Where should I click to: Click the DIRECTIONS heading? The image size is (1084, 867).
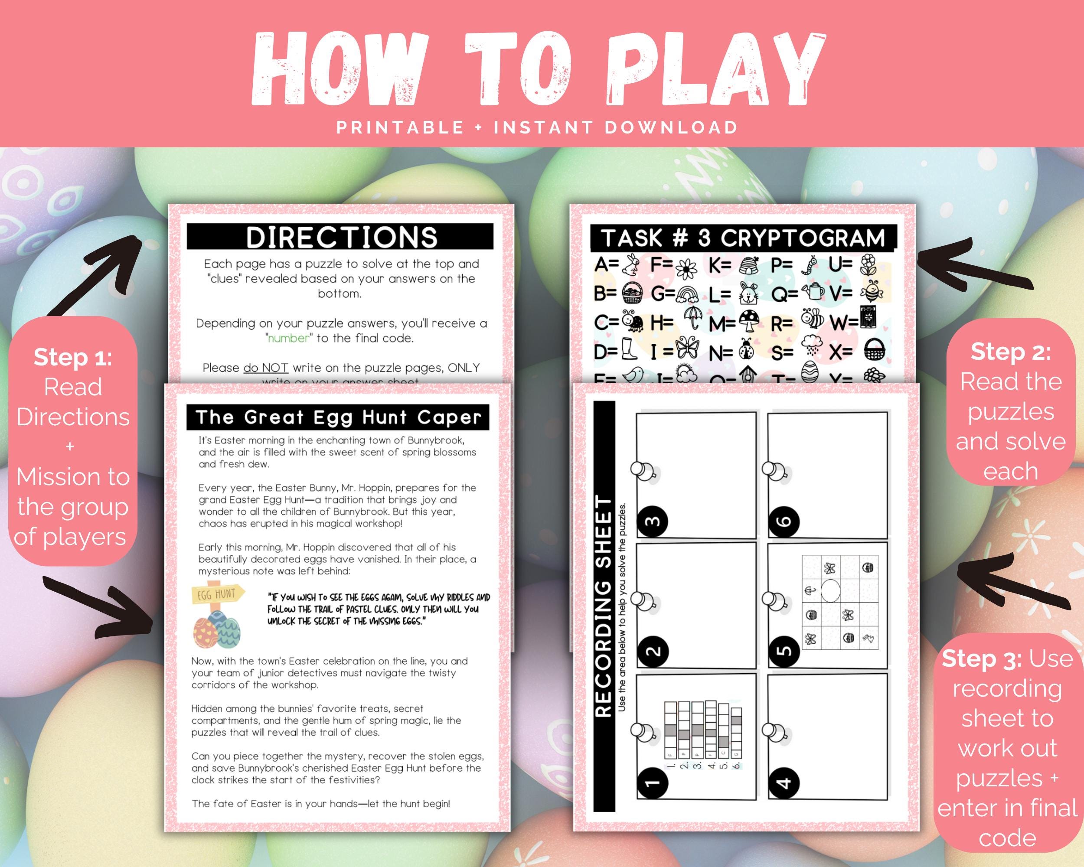coord(341,237)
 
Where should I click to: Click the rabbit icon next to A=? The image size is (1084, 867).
coord(630,265)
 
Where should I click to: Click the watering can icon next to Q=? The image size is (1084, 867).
coord(813,293)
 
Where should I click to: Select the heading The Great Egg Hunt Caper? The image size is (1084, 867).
coord(338,417)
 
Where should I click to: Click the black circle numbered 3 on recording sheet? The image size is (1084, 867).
coord(652,521)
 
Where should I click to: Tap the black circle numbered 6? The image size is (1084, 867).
coord(784,521)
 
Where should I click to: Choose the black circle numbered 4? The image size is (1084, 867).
coord(784,782)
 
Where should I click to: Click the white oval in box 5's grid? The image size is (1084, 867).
coord(831,591)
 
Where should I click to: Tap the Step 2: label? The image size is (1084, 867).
coord(1011,352)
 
